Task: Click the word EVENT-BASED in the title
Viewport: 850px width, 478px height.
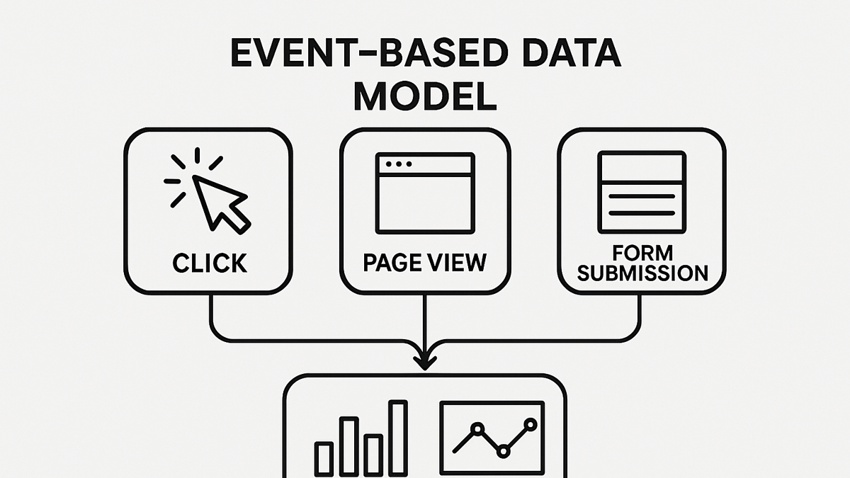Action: [369, 54]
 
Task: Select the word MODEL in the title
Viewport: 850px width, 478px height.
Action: [425, 96]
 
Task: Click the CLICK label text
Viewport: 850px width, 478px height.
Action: [210, 263]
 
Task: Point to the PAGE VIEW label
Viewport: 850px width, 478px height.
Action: [424, 262]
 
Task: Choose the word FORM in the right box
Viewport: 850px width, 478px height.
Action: [642, 253]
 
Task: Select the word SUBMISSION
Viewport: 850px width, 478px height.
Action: [642, 273]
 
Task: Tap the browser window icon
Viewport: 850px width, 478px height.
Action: [425, 193]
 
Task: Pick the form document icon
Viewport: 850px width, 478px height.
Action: [642, 192]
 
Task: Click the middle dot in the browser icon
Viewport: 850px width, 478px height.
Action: [398, 164]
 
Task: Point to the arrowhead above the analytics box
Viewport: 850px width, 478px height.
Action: [424, 363]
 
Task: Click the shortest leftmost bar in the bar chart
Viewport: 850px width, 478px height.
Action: [324, 458]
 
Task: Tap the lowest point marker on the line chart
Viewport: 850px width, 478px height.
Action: [503, 452]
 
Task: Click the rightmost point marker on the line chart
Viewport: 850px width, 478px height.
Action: [530, 424]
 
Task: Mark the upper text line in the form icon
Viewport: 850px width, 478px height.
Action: [642, 197]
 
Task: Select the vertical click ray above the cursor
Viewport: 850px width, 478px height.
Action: [198, 156]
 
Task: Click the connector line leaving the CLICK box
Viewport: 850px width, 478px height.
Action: [304, 340]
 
